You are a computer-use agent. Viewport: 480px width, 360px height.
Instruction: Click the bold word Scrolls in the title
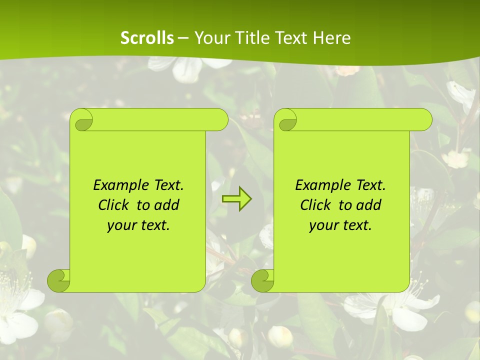point(147,38)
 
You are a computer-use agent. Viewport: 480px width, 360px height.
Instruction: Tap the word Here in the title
point(332,38)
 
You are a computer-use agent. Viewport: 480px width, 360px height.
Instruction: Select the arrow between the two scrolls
point(236,199)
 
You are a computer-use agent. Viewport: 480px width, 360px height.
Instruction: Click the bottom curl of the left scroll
point(58,280)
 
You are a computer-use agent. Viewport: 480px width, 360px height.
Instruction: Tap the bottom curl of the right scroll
point(262,280)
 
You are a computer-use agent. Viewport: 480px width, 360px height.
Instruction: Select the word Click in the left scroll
point(114,205)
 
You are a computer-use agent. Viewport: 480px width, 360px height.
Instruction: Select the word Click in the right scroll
point(316,205)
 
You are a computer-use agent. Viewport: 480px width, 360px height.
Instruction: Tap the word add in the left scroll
point(167,205)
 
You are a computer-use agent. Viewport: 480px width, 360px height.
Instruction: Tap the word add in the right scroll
point(369,205)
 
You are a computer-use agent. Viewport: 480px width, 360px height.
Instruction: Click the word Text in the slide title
point(291,38)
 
